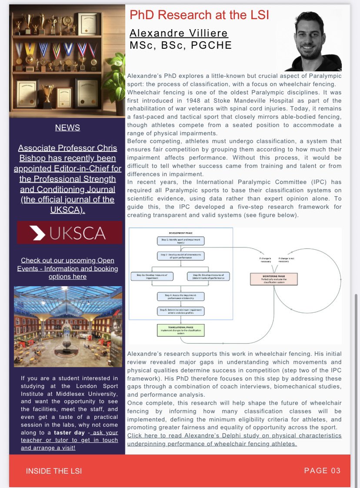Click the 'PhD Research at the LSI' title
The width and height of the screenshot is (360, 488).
pyautogui.click(x=199, y=15)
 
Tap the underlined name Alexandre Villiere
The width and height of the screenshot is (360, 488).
pyautogui.click(x=179, y=33)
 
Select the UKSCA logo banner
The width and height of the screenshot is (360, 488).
pyautogui.click(x=70, y=232)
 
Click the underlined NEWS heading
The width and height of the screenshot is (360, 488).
pyautogui.click(x=67, y=127)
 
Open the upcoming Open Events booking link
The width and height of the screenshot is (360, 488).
pyautogui.click(x=67, y=268)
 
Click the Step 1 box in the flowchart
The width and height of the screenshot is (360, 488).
pyautogui.click(x=180, y=241)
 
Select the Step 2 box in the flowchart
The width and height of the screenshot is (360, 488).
pyautogui.click(x=180, y=256)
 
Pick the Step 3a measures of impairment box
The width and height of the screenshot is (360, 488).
pyautogui.click(x=152, y=276)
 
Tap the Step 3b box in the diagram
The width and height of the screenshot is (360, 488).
pyautogui.click(x=208, y=276)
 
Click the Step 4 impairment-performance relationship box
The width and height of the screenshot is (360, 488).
pyautogui.click(x=180, y=297)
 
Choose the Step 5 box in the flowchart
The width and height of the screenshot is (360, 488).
pyautogui.click(x=180, y=311)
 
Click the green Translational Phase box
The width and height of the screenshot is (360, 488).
pyautogui.click(x=180, y=330)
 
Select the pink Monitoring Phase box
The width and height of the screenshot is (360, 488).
pyautogui.click(x=273, y=278)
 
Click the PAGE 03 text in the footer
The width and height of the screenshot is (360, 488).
pyautogui.click(x=322, y=471)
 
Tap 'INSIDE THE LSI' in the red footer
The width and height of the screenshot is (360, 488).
pyautogui.click(x=53, y=471)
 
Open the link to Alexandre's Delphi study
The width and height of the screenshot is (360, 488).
pyautogui.click(x=234, y=439)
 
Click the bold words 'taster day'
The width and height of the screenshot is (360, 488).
pyautogui.click(x=69, y=433)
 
